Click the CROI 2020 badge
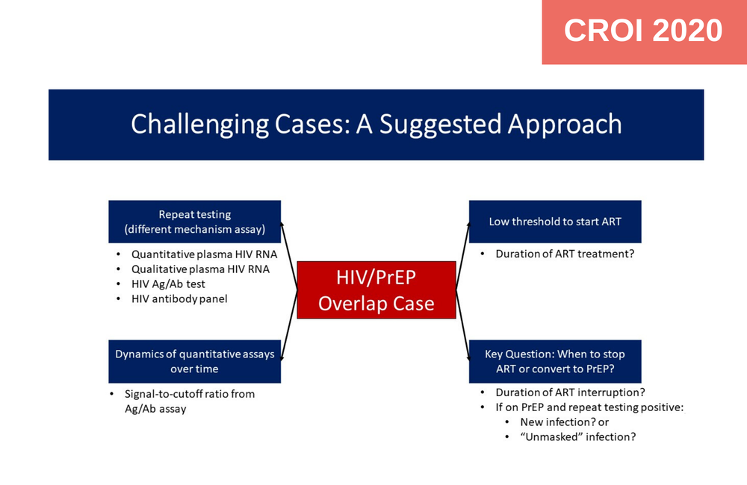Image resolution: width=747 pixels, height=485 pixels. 643,31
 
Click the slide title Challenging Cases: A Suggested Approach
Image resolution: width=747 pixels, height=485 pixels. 376,124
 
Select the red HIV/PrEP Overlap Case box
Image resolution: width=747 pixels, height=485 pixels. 376,290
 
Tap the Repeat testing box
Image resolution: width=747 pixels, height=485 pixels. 194,222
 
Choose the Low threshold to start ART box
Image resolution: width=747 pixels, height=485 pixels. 554,222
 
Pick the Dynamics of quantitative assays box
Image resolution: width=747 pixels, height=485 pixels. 194,361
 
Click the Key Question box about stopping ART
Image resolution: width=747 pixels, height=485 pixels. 554,361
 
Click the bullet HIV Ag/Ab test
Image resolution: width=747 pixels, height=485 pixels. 168,284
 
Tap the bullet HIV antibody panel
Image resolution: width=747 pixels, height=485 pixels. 179,298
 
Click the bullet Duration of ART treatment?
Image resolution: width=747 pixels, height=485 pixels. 565,254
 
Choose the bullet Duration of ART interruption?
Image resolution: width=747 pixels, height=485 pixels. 570,392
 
